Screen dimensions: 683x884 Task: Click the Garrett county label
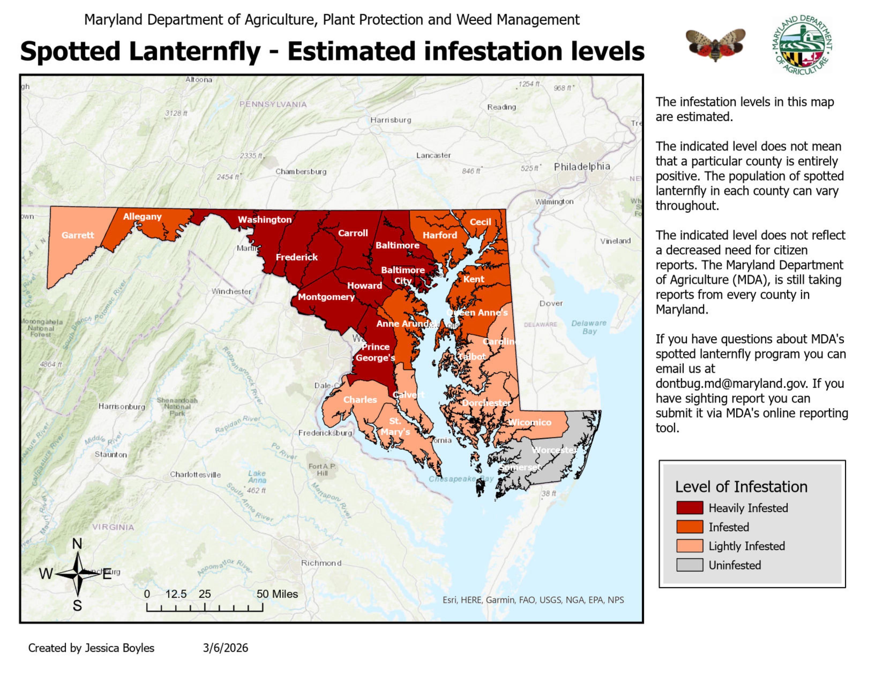[78, 235]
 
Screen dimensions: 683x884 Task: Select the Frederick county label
[297, 257]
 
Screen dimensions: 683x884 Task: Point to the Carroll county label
[353, 233]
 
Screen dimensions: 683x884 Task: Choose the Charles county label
[360, 399]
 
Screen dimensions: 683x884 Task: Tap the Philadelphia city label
[582, 166]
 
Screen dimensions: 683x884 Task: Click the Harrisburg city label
[391, 120]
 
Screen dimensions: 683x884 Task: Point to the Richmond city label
[321, 563]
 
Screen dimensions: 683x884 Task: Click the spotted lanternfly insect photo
[715, 44]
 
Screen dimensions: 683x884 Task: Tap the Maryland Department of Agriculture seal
[802, 44]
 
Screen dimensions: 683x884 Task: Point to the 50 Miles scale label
[277, 594]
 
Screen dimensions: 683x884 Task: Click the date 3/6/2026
[226, 648]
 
